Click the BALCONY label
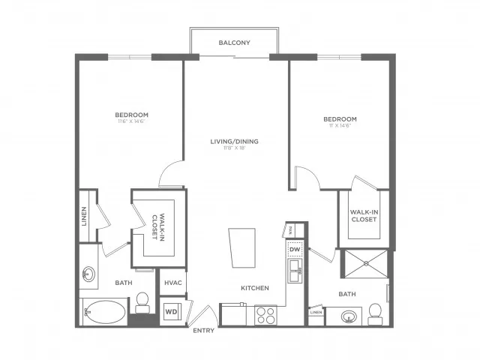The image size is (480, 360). coord(234,43)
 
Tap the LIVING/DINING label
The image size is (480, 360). coord(234,140)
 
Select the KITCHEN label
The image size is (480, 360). coord(255,288)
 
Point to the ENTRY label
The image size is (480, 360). coord(203,330)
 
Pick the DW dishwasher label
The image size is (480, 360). coord(295,250)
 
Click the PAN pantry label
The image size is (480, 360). coord(291,230)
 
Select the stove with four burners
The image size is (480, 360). coord(266,314)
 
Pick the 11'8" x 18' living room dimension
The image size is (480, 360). coord(234,148)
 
